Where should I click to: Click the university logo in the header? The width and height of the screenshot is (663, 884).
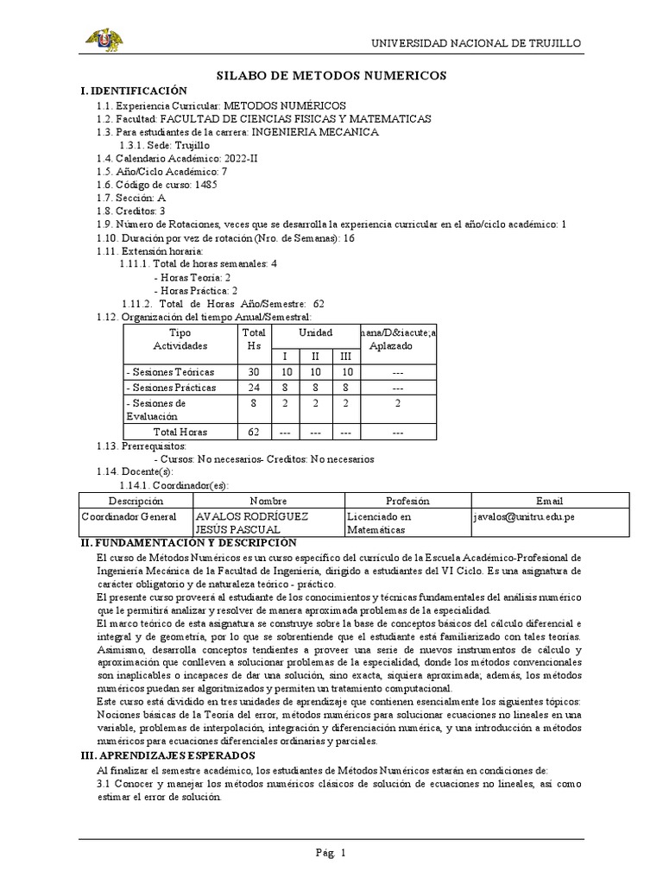102,40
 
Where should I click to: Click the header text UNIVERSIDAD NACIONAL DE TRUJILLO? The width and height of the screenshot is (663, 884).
476,43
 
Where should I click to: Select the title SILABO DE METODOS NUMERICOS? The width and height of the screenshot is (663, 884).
331,76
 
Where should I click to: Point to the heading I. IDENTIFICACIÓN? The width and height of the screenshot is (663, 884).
133,91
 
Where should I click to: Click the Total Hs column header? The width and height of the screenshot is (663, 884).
254,338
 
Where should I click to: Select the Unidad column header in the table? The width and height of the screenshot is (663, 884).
314,332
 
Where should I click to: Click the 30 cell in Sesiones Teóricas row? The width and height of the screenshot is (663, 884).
254,372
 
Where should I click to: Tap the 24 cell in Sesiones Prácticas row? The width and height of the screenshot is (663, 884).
254,388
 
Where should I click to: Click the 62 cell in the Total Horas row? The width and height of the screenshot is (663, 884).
254,432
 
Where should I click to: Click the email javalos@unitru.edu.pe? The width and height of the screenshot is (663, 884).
524,515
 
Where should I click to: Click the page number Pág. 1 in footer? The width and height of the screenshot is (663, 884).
331,853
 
